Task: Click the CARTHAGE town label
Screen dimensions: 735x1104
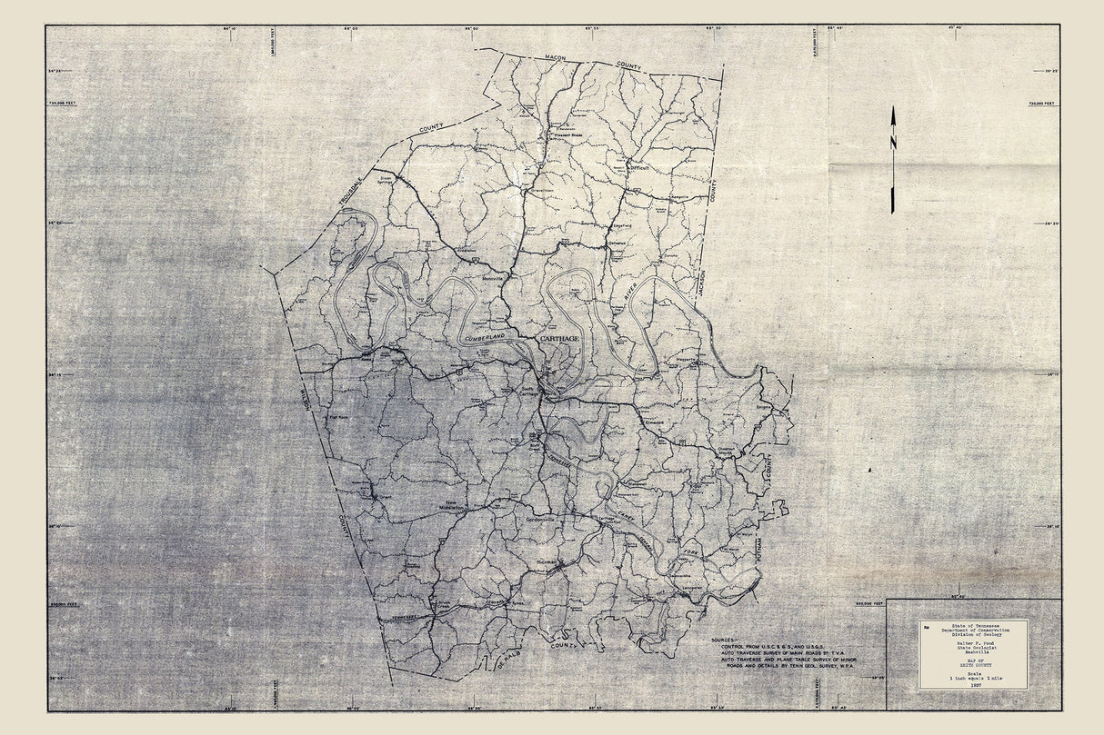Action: coord(559,338)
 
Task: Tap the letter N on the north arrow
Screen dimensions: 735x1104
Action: coord(893,144)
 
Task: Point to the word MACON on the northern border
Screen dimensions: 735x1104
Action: coord(555,58)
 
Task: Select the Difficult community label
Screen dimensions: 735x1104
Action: coord(642,167)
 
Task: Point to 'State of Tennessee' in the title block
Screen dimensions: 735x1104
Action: coord(974,626)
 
